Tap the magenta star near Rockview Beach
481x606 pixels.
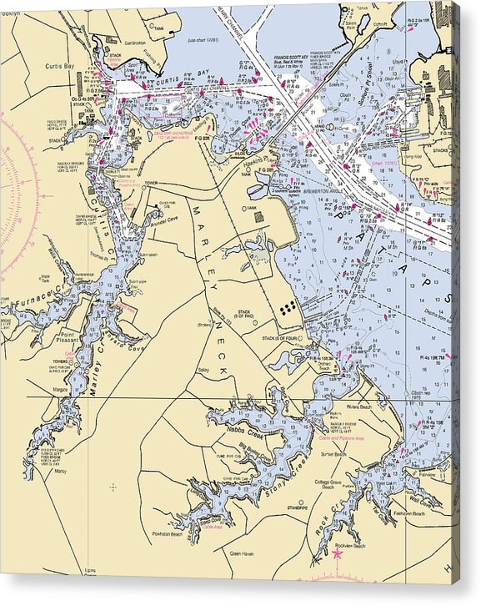tap(338, 553)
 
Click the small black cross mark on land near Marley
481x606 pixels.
tap(113, 486)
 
